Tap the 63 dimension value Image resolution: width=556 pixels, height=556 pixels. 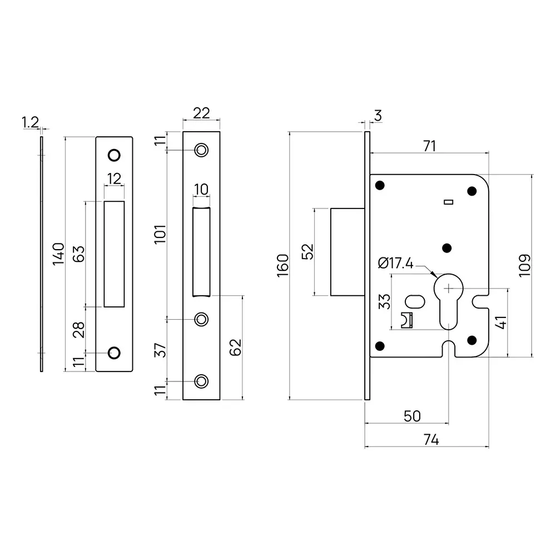[x=79, y=254]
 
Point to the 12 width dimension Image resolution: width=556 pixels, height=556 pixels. [x=114, y=178]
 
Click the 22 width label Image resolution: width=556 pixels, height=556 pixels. [x=201, y=113]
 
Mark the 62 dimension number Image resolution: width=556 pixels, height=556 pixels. [x=236, y=348]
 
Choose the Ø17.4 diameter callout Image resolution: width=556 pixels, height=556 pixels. [x=396, y=263]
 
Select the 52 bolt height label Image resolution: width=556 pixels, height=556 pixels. [x=307, y=252]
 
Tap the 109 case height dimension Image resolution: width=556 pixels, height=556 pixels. [x=525, y=265]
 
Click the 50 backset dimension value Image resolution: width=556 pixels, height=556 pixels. [x=411, y=416]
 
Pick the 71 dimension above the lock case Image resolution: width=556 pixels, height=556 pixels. [x=429, y=146]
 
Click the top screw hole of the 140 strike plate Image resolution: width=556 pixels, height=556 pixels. [x=114, y=153]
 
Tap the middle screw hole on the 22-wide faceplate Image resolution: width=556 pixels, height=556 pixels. [x=201, y=319]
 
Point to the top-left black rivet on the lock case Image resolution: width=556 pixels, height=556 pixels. [x=381, y=185]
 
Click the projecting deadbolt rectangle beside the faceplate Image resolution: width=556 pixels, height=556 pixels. [x=348, y=252]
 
